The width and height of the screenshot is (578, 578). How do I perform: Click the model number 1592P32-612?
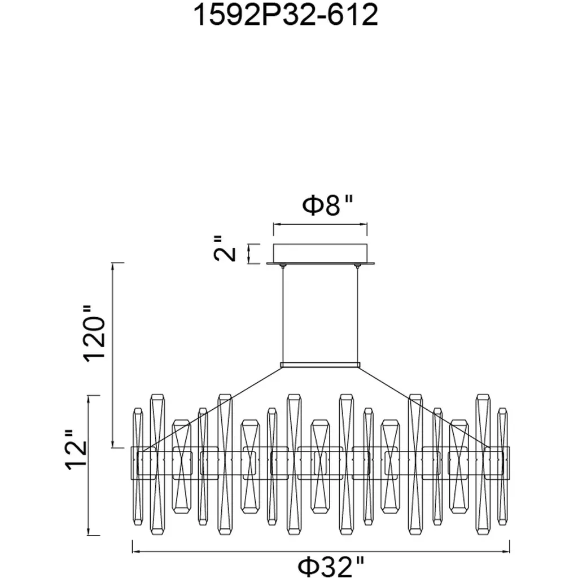coord(286,15)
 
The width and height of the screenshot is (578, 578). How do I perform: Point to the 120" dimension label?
coord(95,334)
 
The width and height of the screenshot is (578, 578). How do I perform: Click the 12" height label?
coord(76,450)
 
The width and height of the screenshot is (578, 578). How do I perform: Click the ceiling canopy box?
coord(321,253)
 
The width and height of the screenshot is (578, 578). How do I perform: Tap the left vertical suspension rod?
coord(283,314)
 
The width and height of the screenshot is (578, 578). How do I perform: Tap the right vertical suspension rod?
coord(357,314)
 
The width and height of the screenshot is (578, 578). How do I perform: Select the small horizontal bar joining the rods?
coord(320,365)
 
